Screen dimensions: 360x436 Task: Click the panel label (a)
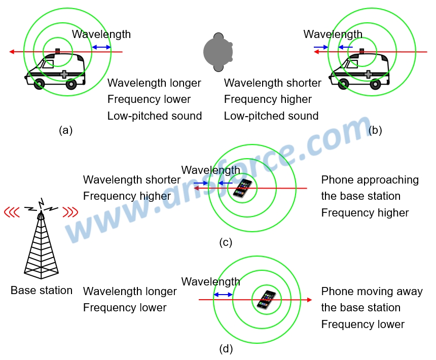(66, 130)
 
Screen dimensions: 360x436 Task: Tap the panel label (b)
(375, 130)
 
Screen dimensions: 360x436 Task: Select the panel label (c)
(226, 242)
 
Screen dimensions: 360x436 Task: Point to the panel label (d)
(226, 349)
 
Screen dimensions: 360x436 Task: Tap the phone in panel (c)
(243, 189)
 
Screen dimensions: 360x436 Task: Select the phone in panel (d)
(266, 300)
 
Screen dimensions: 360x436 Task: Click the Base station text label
(42, 291)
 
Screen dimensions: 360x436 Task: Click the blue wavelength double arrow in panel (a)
(101, 48)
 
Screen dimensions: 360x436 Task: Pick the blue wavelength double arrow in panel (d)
(223, 295)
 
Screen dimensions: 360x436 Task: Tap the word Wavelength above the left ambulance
(101, 34)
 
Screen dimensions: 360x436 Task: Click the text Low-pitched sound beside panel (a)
(155, 116)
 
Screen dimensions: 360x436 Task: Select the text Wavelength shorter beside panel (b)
(273, 83)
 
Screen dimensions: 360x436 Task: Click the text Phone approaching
(370, 180)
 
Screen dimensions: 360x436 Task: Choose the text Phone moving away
(372, 292)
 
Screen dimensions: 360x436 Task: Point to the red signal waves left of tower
(12, 211)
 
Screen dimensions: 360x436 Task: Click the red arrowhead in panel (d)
(309, 300)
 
